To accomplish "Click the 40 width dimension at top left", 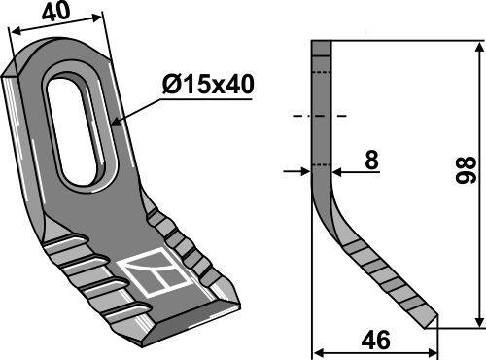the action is tap(55, 13).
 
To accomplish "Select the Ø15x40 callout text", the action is tap(208, 85).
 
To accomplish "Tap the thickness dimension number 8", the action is tap(371, 160).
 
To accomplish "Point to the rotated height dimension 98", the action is tap(466, 170).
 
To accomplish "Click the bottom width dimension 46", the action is tap(375, 341).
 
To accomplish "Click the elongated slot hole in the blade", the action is tap(80, 131).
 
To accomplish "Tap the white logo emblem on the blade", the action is tap(154, 271).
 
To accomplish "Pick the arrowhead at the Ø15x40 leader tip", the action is tap(117, 123).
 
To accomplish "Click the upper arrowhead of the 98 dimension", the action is tap(479, 49).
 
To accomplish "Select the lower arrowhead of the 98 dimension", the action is tap(479, 321).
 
